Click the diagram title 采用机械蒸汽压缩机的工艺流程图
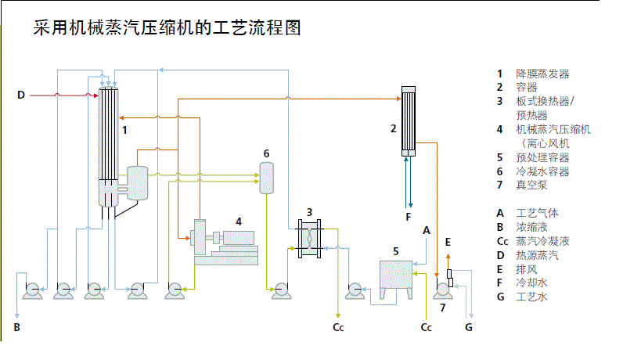pyautogui.click(x=167, y=29)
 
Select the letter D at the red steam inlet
pyautogui.click(x=21, y=95)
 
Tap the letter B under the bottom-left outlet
pyautogui.click(x=16, y=327)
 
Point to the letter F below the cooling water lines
pyautogui.click(x=407, y=216)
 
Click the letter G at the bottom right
pyautogui.click(x=469, y=327)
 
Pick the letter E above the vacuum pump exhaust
pyautogui.click(x=448, y=243)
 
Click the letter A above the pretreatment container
pyautogui.click(x=427, y=230)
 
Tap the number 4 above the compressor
pyautogui.click(x=239, y=221)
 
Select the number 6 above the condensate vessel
pyautogui.click(x=266, y=153)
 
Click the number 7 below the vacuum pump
pyautogui.click(x=442, y=307)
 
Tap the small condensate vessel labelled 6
pyautogui.click(x=266, y=178)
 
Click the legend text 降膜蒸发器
pyautogui.click(x=542, y=74)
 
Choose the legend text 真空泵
pyautogui.click(x=531, y=185)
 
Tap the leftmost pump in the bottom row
pyautogui.click(x=32, y=291)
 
